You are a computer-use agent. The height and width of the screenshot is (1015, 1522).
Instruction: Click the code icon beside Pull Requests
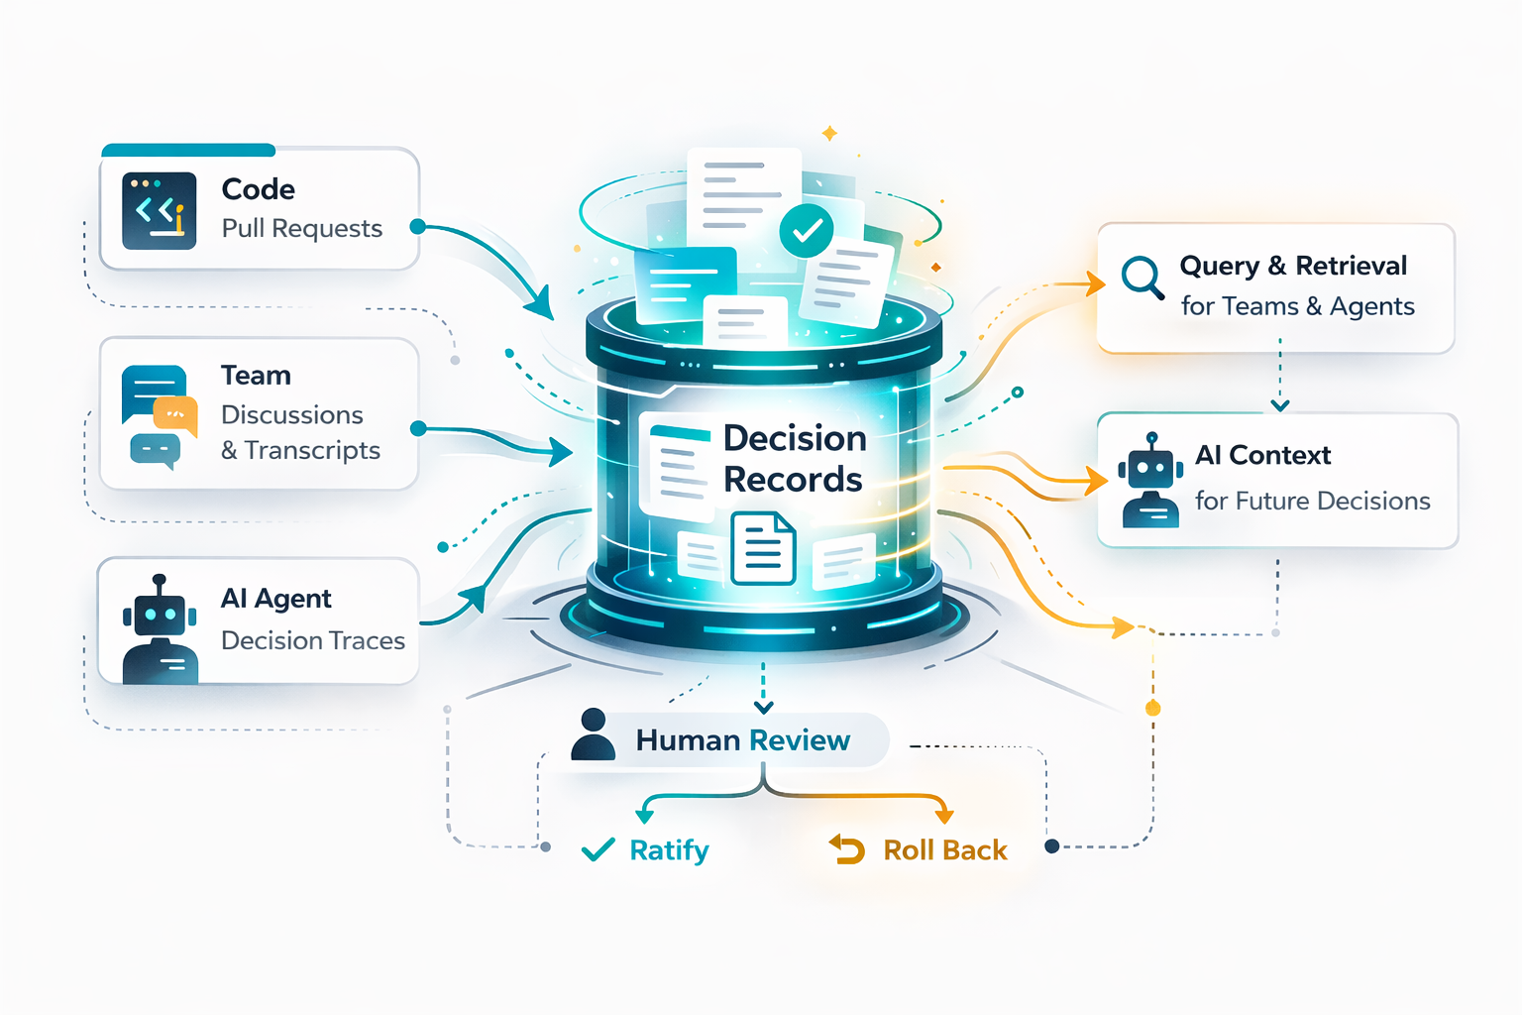pos(159,210)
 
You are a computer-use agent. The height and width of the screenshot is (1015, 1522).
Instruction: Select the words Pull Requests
pos(301,229)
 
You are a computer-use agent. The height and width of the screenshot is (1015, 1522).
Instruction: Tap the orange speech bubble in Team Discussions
pos(175,414)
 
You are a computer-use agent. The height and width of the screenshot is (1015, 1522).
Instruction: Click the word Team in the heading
pos(256,376)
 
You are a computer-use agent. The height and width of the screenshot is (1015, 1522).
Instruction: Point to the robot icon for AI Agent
pos(159,630)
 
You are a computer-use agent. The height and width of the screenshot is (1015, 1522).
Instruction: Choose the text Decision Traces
pos(312,641)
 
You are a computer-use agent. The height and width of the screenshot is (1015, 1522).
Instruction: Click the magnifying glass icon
pos(1142,278)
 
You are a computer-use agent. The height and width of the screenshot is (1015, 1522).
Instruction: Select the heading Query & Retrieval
pos(1292,266)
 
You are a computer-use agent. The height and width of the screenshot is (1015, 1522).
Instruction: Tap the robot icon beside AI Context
pos(1149,480)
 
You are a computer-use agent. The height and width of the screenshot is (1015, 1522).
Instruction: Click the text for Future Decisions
pos(1312,502)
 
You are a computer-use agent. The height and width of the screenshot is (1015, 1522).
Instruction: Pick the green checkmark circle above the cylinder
pos(807,231)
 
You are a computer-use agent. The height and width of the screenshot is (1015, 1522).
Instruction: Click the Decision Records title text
pos(794,459)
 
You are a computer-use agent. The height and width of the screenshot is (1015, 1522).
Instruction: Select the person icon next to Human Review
pos(594,734)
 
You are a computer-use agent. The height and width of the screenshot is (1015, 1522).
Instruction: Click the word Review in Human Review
pos(799,740)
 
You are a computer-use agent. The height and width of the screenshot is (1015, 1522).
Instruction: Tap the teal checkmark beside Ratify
pos(598,850)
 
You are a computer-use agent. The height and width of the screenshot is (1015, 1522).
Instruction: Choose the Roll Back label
pos(944,850)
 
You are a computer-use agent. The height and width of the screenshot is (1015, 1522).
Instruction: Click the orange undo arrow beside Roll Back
pos(847,849)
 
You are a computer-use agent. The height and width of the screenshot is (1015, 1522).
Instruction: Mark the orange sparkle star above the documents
pos(830,133)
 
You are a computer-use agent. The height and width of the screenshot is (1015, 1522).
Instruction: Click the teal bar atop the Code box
pos(188,151)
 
